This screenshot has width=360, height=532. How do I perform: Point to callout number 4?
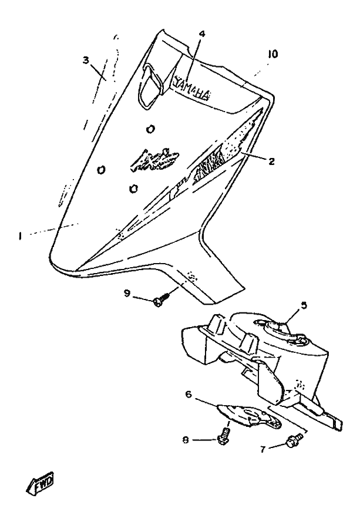[x=201, y=33]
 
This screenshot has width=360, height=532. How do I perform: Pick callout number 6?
[x=189, y=396]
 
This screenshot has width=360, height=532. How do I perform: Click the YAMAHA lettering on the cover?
[x=191, y=89]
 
